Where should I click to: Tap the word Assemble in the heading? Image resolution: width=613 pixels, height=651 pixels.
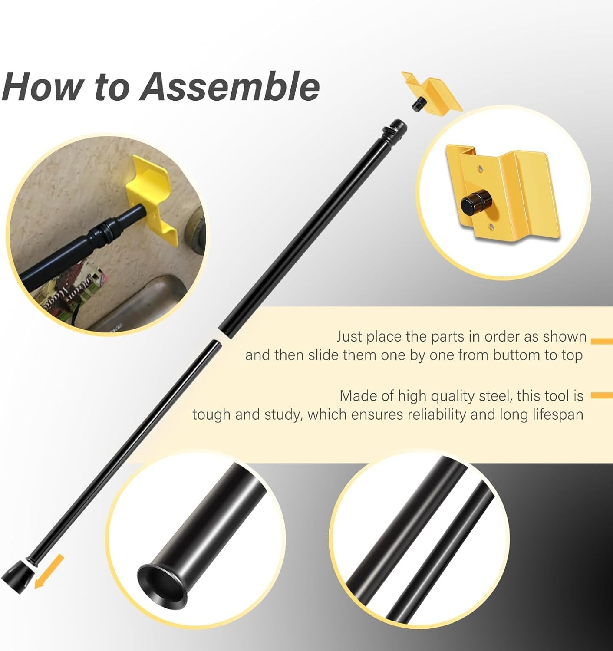point(230,87)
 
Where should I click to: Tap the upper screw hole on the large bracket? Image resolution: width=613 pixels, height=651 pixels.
point(480,169)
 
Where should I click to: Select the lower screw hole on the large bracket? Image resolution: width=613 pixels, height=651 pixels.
point(491,227)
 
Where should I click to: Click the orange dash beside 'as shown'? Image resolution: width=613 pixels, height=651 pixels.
point(602,342)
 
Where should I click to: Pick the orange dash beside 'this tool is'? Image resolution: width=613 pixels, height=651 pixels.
point(602,396)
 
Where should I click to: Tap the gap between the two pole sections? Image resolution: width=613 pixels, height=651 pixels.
point(219,338)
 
